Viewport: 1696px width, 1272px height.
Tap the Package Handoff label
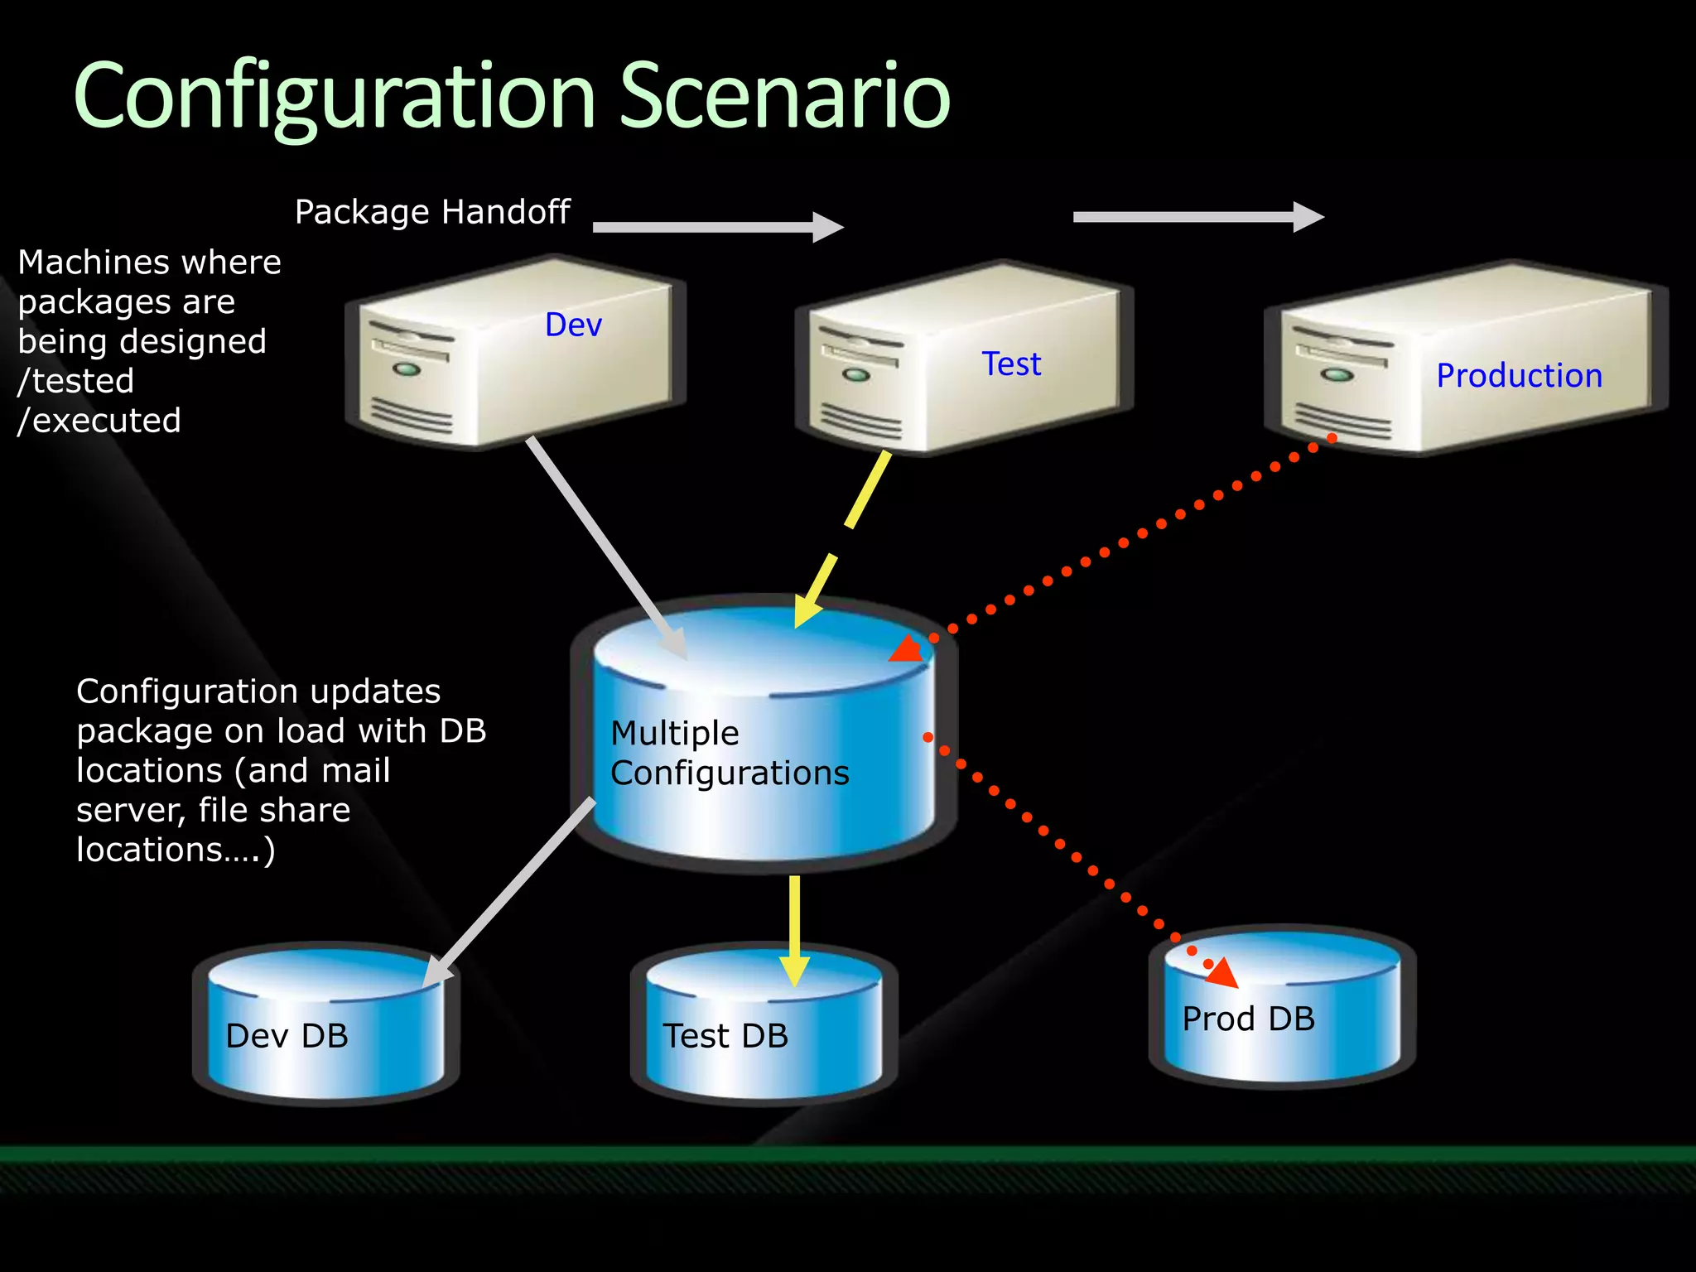click(x=432, y=212)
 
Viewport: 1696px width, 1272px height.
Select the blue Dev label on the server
click(x=573, y=325)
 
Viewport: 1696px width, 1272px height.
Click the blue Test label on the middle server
click(x=1011, y=364)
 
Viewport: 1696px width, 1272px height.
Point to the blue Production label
click(x=1519, y=376)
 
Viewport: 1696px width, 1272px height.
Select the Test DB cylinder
click(x=764, y=1027)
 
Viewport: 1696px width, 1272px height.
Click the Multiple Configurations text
click(x=729, y=753)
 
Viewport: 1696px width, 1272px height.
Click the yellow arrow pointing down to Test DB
click(x=794, y=927)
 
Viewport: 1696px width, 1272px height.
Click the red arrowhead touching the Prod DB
click(x=1222, y=974)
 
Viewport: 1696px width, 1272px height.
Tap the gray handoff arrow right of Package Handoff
click(x=717, y=227)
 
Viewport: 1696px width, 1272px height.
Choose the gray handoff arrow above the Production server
click(x=1197, y=217)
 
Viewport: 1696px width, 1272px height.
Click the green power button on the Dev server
click(x=406, y=369)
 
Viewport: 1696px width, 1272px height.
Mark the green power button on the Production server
click(x=1337, y=375)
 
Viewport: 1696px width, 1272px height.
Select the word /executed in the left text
click(x=99, y=421)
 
